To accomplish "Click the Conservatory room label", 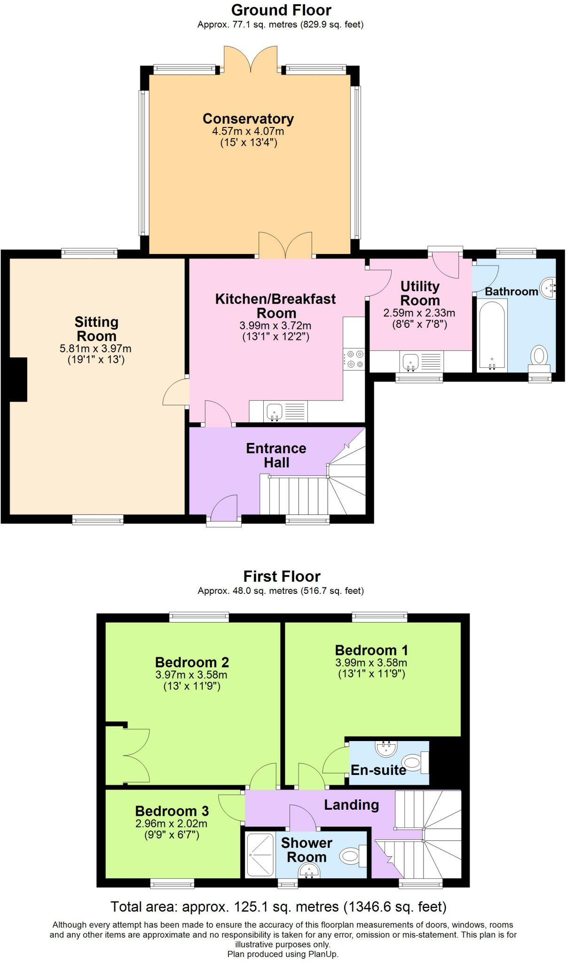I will tap(248, 119).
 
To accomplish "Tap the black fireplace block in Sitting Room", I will tap(18, 379).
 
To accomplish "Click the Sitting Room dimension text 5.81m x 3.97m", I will tap(96, 349).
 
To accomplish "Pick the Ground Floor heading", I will tap(281, 10).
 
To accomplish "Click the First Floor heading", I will tap(282, 576).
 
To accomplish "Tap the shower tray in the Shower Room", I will tap(259, 852).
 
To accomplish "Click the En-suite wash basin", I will tap(387, 747).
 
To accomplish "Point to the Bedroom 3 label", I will tap(172, 811).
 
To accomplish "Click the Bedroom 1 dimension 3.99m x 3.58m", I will tap(371, 663).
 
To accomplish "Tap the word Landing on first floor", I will tap(351, 805).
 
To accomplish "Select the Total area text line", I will tap(278, 907).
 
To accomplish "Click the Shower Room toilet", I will tap(351, 855).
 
